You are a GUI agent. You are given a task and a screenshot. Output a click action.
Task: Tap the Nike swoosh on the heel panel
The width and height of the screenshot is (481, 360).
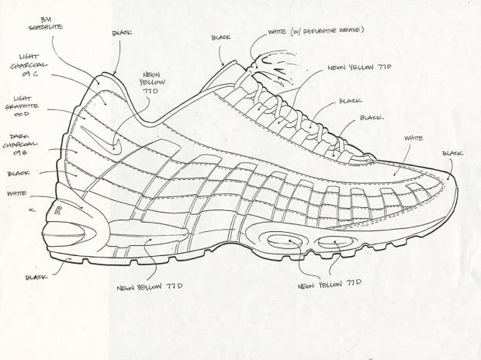(115, 144)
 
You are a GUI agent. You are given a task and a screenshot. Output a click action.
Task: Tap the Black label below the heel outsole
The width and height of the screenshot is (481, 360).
(36, 277)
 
